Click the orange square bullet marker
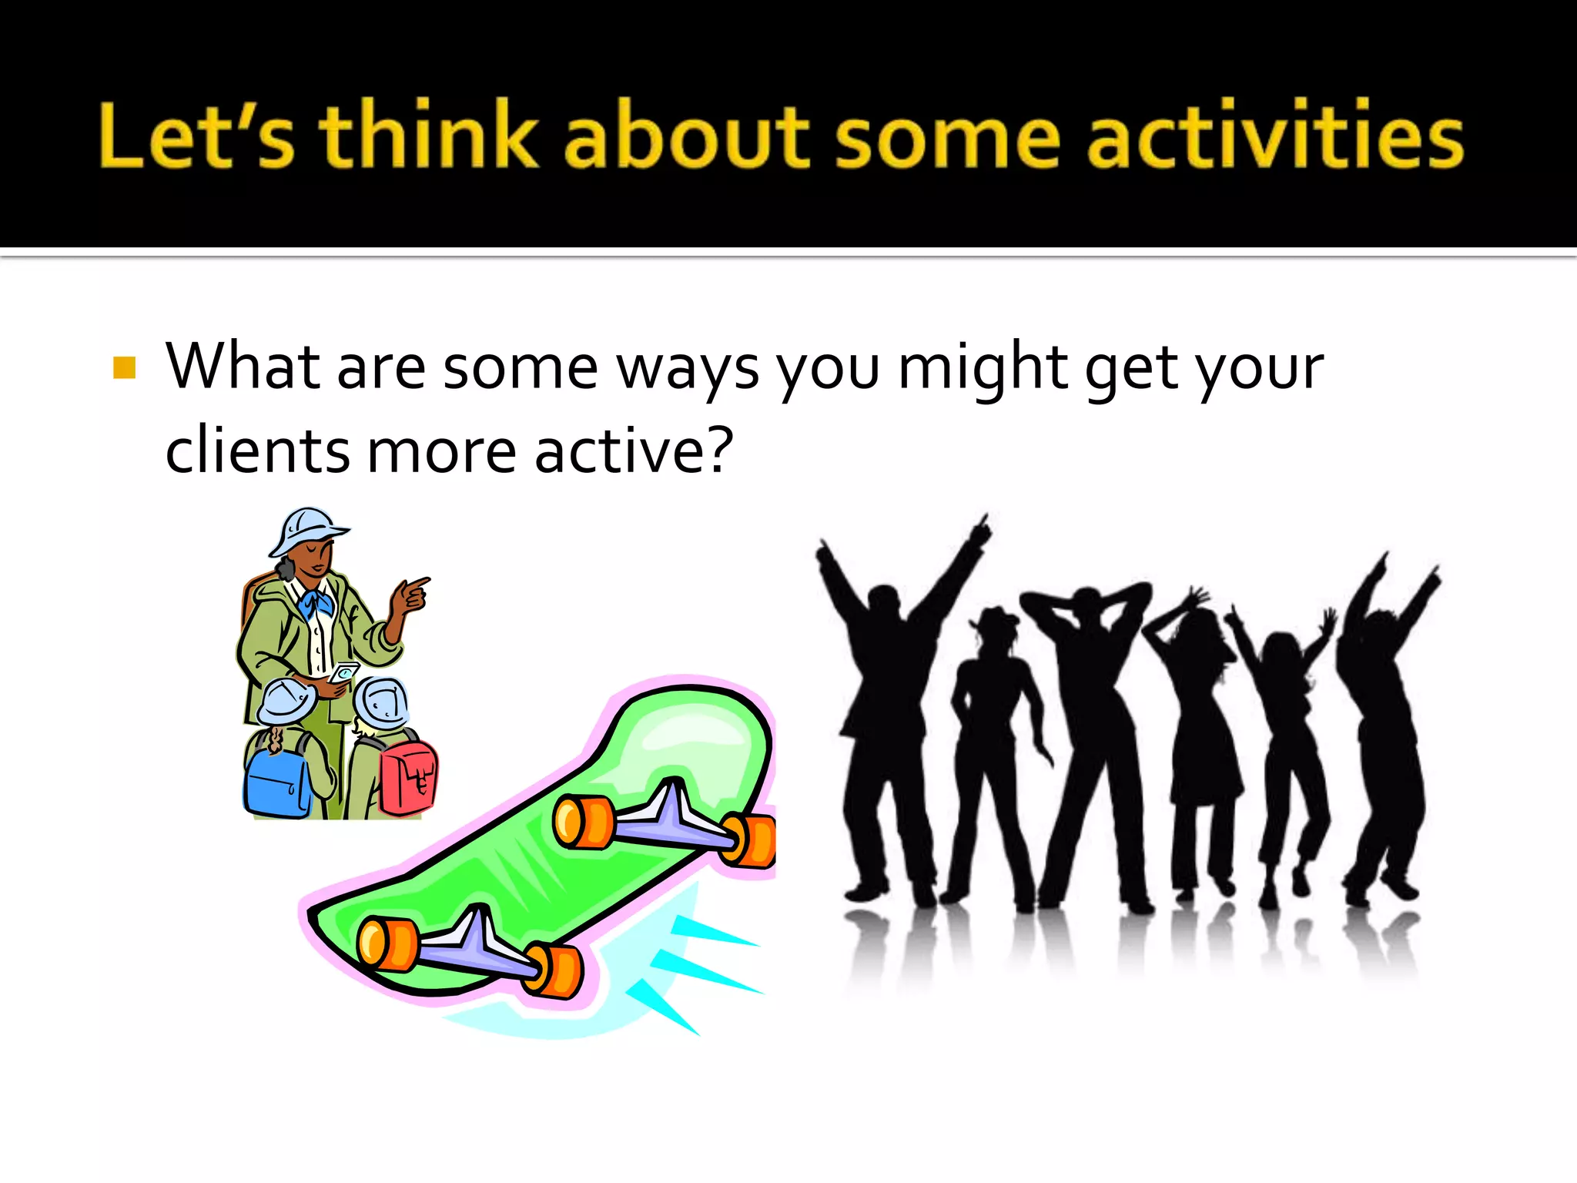[x=124, y=367]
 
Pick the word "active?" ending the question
[x=634, y=451]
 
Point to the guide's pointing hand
[x=410, y=595]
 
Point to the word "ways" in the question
[x=688, y=368]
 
